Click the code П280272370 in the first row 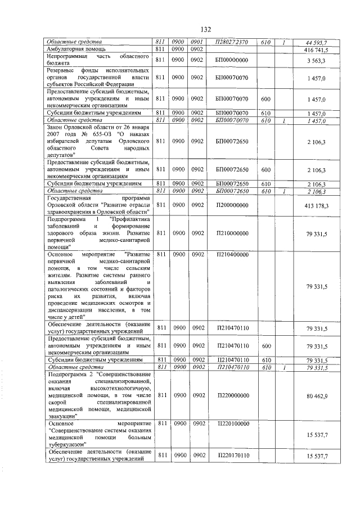pos(231,43)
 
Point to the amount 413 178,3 pos(316,206)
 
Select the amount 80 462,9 pos(317,397)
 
